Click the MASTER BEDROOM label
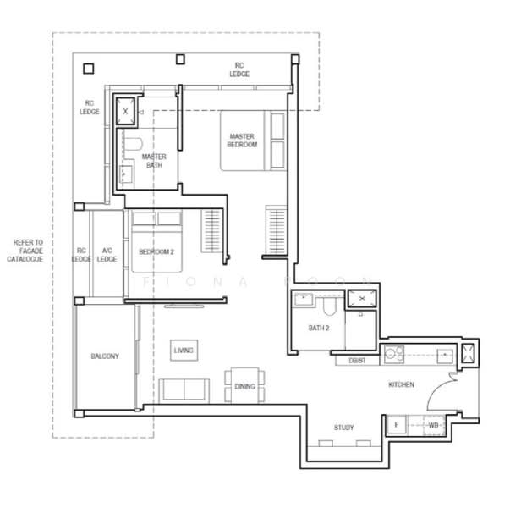(x=242, y=141)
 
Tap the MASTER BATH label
(x=154, y=161)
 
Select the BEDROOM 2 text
(x=156, y=251)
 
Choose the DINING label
(x=244, y=387)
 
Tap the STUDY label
(x=344, y=428)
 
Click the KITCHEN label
(x=401, y=385)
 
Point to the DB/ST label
(x=357, y=361)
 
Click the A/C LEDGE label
(x=107, y=255)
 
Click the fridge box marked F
(x=396, y=425)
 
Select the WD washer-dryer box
(x=432, y=425)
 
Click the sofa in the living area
(x=185, y=389)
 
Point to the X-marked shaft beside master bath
(x=126, y=111)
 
